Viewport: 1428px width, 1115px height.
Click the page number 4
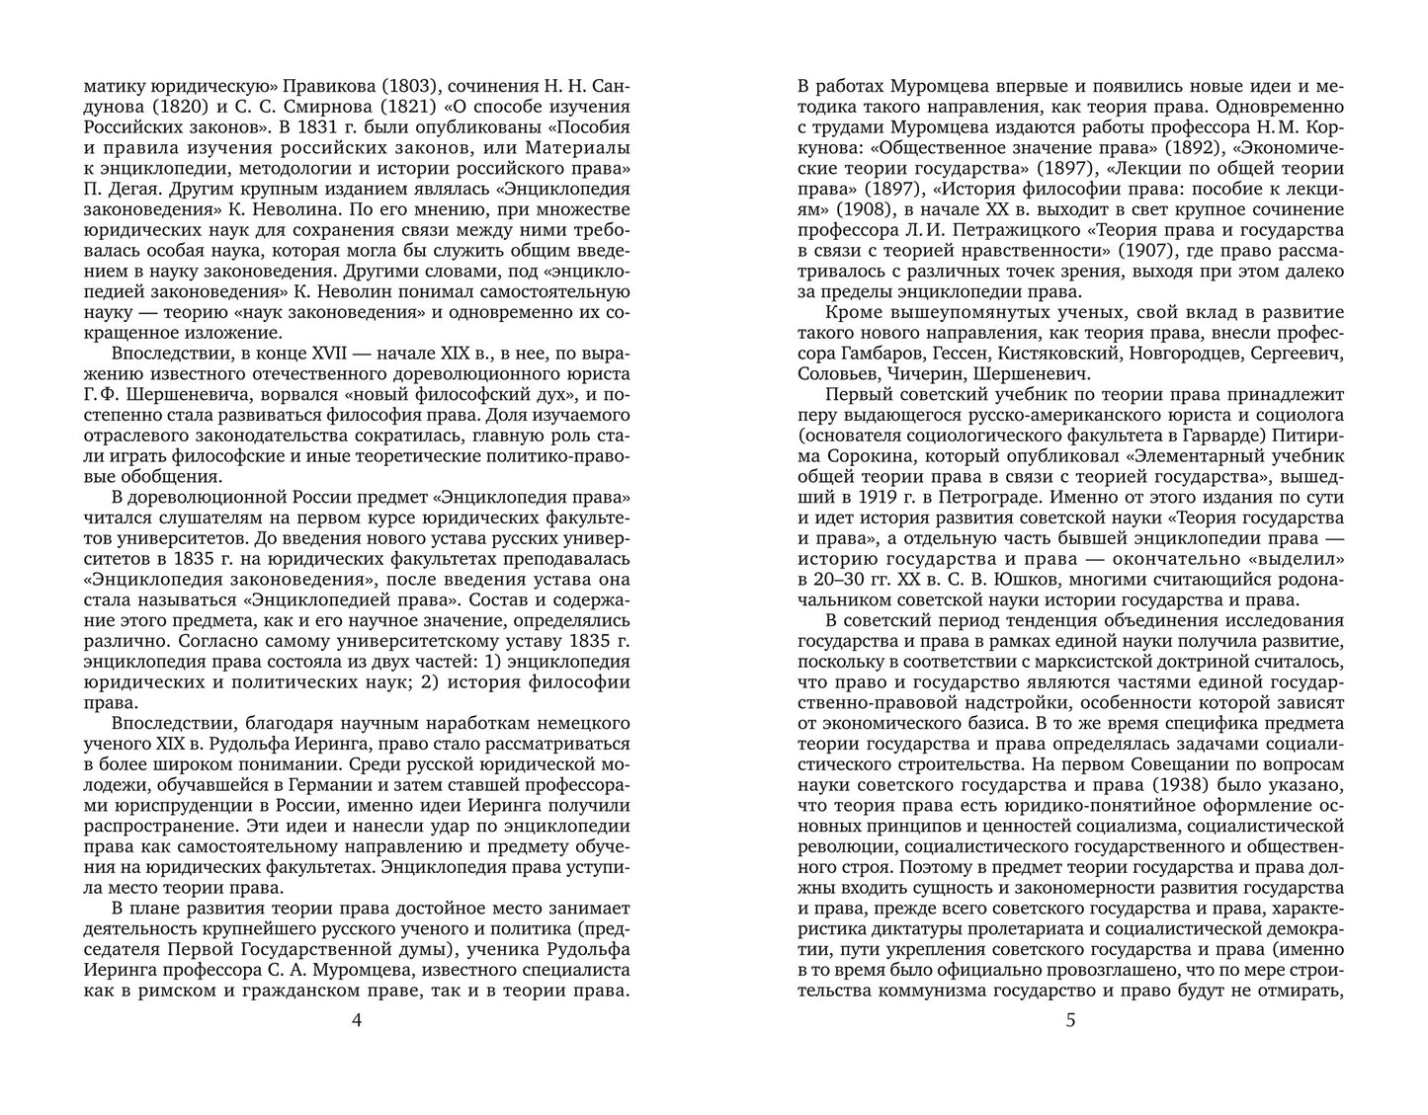click(357, 1021)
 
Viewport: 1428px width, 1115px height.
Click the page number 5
click(1070, 1021)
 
